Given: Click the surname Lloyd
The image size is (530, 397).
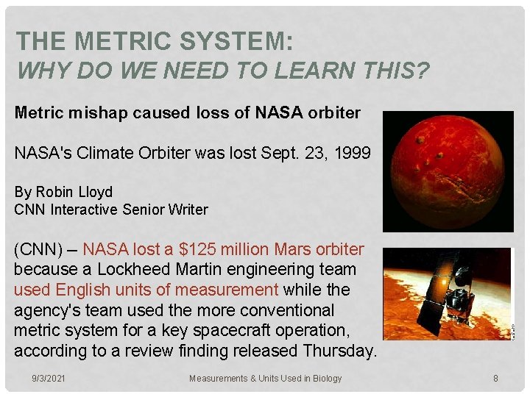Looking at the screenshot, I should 97,192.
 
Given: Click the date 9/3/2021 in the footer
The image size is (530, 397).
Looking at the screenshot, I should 48,378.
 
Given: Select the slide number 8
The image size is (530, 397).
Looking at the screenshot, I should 495,378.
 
